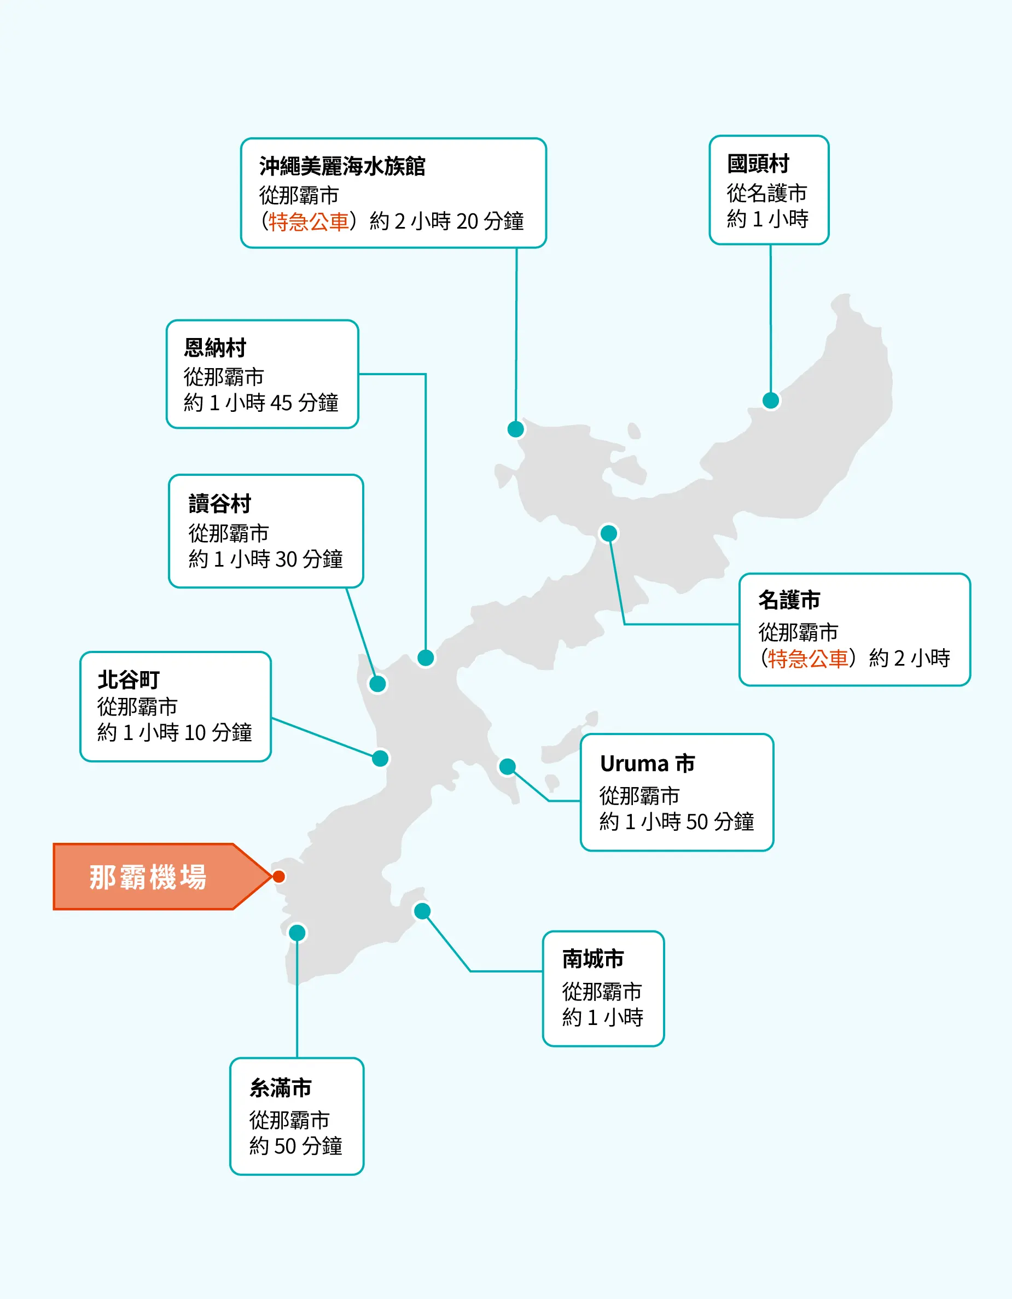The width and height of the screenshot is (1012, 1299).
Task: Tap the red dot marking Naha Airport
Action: pos(278,876)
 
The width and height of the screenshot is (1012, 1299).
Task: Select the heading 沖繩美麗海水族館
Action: pos(342,166)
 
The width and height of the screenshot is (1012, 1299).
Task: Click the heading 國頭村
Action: pos(758,164)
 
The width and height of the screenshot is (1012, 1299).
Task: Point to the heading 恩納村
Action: pos(215,348)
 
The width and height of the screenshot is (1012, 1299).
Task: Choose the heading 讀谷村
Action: pos(219,504)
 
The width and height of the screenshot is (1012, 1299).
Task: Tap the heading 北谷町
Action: pos(129,679)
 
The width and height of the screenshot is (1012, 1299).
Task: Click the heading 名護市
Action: pos(789,600)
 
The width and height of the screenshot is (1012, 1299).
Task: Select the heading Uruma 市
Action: pos(647,764)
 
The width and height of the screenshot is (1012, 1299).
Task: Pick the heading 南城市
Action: pos(593,959)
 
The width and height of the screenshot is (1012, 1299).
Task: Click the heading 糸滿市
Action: pos(280,1088)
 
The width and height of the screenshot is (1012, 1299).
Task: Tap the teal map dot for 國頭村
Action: pos(770,400)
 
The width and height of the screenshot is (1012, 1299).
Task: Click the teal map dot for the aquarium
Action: pos(515,429)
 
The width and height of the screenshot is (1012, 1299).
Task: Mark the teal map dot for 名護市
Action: pos(609,533)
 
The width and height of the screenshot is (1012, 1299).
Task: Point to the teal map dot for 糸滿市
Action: pos(297,933)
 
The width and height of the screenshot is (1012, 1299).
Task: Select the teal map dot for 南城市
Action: pos(422,911)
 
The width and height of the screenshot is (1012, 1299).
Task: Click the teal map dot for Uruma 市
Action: pos(507,767)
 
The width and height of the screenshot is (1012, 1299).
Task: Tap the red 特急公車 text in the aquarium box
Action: pos(308,222)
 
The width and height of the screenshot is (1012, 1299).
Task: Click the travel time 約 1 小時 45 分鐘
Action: pos(260,403)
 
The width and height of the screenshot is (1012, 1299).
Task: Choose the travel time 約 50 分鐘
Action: pos(296,1145)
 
